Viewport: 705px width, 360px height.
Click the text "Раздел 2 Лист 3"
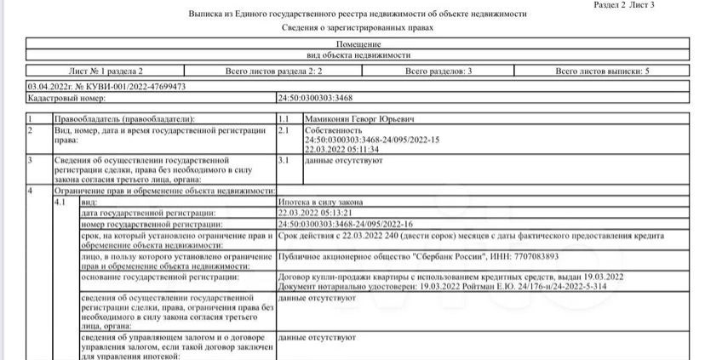(624, 5)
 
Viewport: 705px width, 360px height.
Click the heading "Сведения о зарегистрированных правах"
(358, 28)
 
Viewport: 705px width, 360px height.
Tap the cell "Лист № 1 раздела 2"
(106, 72)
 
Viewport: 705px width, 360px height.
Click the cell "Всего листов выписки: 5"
(602, 72)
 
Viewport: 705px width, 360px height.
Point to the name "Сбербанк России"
(447, 255)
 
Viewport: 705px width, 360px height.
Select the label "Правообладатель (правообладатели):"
(123, 118)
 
